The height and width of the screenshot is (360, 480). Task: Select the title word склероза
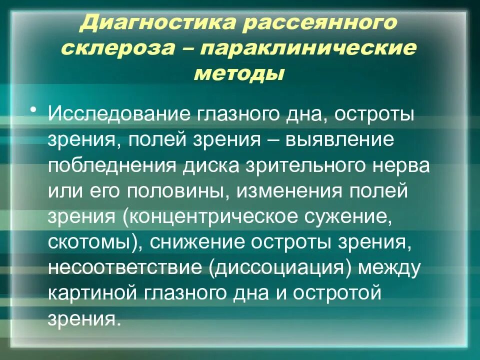116,48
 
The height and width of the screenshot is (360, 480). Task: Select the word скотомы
91,243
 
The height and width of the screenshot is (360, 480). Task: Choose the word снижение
198,243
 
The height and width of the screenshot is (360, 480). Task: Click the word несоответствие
124,269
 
